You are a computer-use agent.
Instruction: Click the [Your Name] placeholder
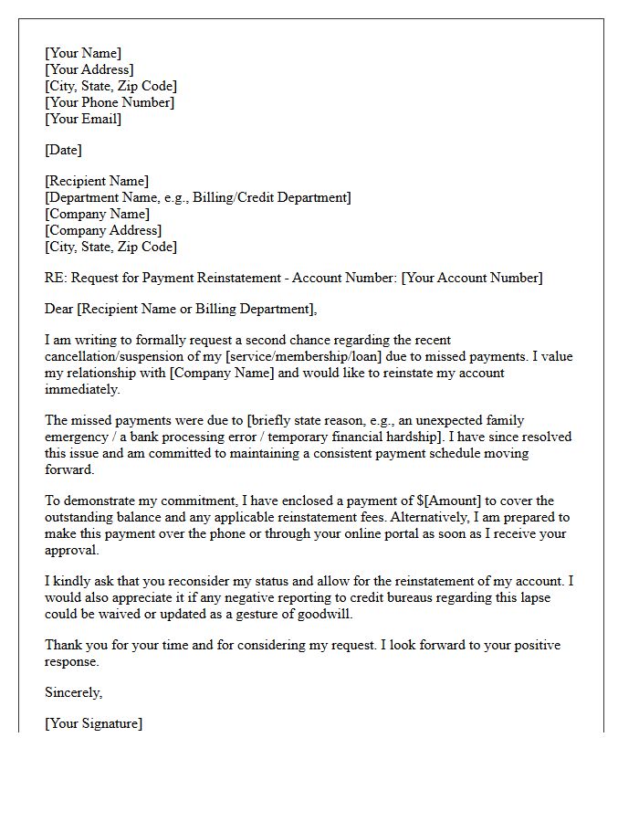point(83,53)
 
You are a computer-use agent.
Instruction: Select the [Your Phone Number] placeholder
point(110,102)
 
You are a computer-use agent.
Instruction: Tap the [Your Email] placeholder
point(83,119)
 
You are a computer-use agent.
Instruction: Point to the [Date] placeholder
point(63,150)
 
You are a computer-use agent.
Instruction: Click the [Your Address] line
point(89,69)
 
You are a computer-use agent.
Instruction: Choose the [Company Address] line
point(103,230)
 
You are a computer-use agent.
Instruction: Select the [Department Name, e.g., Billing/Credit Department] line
point(198,197)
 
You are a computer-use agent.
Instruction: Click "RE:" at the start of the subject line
point(56,278)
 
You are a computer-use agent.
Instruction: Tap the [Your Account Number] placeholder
point(472,278)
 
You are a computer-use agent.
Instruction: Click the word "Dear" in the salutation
point(60,309)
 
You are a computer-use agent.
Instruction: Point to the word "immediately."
point(82,389)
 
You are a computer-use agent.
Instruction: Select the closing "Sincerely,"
point(74,692)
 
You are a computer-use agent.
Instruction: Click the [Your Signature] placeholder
point(94,723)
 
